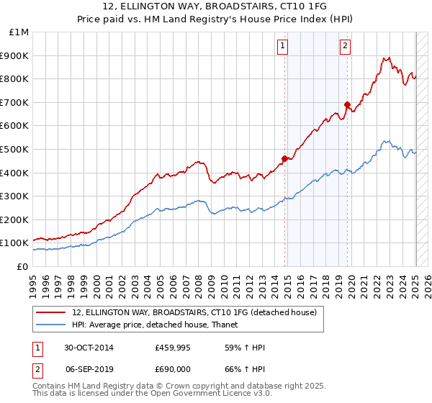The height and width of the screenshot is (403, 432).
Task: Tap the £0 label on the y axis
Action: coord(22,266)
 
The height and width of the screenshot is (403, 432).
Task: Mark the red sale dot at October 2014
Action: coord(285,158)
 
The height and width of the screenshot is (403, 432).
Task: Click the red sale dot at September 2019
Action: coord(347,104)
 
